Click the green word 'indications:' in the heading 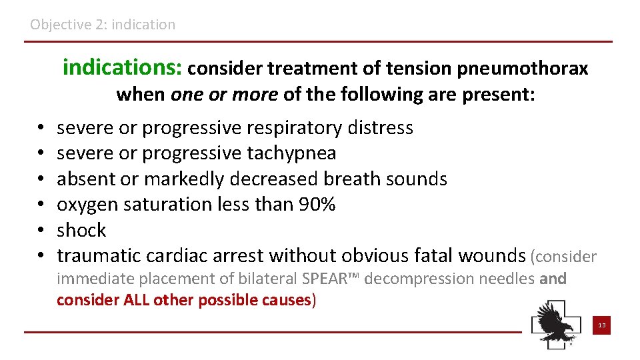click(123, 68)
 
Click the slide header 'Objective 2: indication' click(103, 25)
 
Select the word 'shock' click(81, 231)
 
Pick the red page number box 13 click(601, 325)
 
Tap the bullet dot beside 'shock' click(41, 231)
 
